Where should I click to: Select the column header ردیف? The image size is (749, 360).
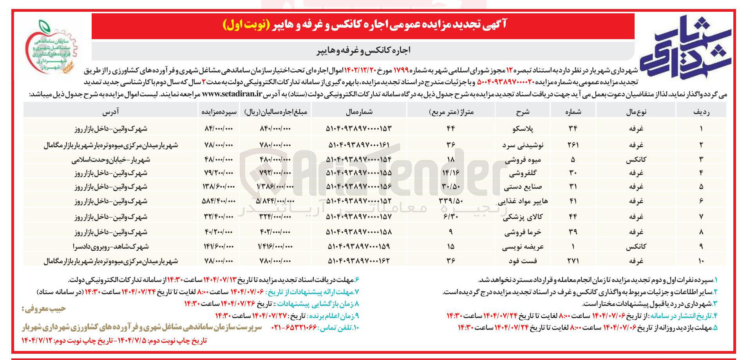[701, 112]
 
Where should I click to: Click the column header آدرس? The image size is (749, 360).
[111, 112]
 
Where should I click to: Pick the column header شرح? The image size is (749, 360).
[523, 112]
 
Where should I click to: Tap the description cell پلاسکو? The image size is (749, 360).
[523, 128]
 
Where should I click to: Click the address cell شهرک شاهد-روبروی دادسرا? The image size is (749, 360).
[111, 247]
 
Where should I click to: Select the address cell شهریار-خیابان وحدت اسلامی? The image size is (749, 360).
[111, 159]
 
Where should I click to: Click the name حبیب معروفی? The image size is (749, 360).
[43, 309]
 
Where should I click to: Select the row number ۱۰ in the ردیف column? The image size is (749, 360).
[701, 261]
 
